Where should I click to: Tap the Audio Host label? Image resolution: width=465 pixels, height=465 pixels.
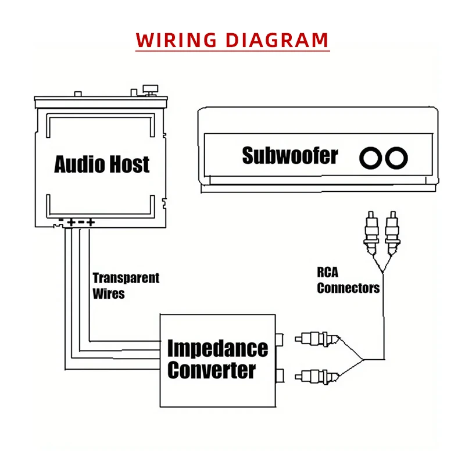(x=102, y=164)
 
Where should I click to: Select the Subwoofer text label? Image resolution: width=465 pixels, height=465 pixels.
(x=289, y=156)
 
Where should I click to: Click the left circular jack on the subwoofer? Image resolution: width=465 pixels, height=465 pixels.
(x=370, y=158)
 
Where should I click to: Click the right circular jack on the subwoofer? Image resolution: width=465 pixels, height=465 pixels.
(x=397, y=158)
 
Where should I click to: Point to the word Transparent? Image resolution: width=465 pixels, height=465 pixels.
(x=126, y=278)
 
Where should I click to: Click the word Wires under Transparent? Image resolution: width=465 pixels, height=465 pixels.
(x=109, y=293)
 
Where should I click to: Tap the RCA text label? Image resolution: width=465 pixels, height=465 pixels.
(x=328, y=272)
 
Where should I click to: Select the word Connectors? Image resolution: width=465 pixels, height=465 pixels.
(x=348, y=288)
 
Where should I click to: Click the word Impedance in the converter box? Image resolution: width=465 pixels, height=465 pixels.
(x=217, y=348)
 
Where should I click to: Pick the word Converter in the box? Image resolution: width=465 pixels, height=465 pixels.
(x=212, y=370)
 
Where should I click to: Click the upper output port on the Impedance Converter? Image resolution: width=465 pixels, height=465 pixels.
(x=281, y=338)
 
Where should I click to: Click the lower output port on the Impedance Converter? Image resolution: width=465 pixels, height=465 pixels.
(x=281, y=374)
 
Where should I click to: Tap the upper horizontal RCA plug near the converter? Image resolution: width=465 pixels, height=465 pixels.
(x=314, y=338)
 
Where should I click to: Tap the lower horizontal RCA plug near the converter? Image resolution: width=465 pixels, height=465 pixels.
(x=314, y=375)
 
